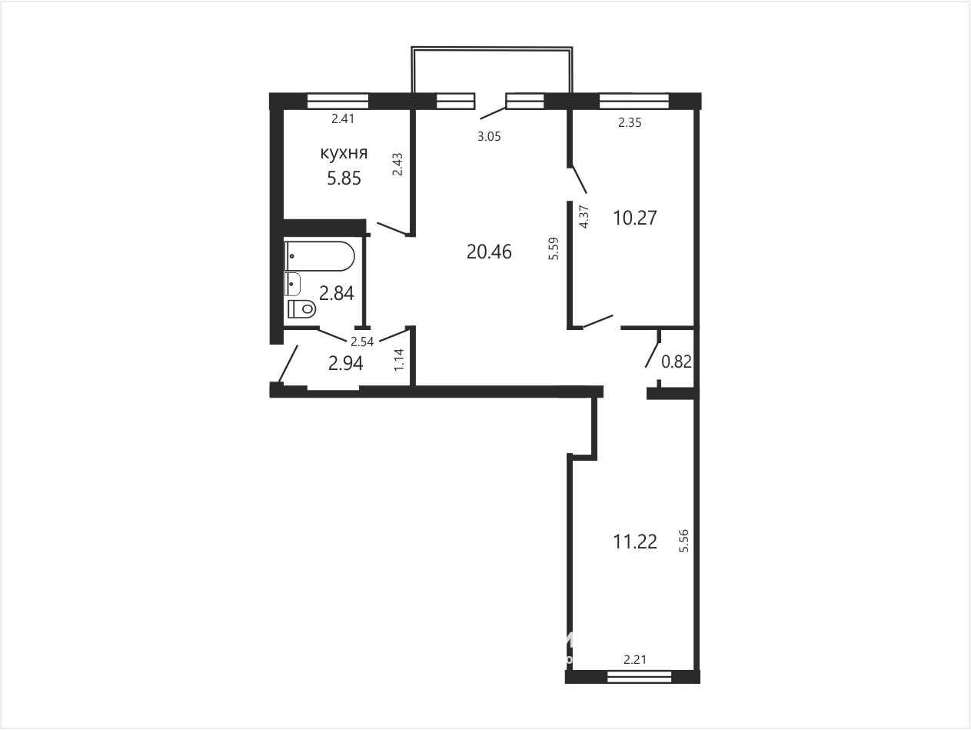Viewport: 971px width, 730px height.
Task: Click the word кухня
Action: pos(344,154)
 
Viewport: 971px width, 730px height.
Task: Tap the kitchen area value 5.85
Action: pos(344,178)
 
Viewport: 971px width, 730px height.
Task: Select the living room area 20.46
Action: pos(489,252)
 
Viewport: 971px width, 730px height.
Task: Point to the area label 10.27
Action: pos(635,218)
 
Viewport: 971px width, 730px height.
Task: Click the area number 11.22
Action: pos(635,542)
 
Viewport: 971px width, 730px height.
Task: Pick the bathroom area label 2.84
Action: pos(337,293)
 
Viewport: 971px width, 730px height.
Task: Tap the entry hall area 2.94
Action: pos(346,363)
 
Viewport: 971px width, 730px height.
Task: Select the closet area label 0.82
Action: pos(677,362)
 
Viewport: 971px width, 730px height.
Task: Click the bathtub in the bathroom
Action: pos(319,256)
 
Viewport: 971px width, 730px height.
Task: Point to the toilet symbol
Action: pos(301,308)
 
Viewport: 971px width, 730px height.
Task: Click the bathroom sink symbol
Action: pos(293,284)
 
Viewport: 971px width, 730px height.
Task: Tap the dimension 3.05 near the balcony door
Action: pos(489,137)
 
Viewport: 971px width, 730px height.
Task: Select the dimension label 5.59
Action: pos(554,248)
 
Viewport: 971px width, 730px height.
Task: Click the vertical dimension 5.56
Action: pos(684,541)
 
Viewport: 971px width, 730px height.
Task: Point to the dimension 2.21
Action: pos(635,660)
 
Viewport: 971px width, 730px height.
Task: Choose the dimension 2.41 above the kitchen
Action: pos(344,118)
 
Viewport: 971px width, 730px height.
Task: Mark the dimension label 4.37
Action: pos(584,216)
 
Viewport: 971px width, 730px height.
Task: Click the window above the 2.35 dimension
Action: pos(634,101)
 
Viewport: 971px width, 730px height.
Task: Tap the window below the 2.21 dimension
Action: pos(640,677)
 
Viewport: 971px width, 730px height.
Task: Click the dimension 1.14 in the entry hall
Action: pos(399,360)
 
